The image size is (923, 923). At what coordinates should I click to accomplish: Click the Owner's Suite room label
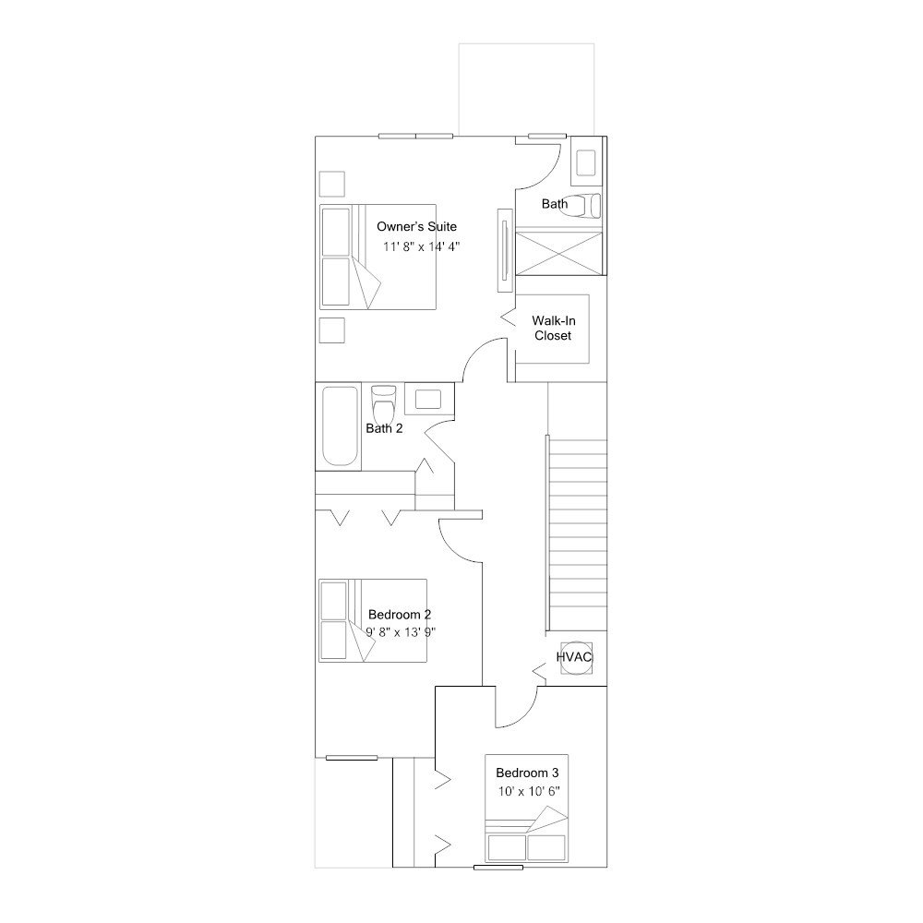tap(416, 227)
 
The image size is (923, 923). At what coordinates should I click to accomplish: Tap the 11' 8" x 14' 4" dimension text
tap(421, 246)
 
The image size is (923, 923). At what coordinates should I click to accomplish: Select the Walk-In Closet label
tap(553, 328)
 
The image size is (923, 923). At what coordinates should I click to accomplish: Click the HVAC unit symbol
tap(576, 657)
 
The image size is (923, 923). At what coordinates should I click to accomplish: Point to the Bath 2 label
tap(384, 428)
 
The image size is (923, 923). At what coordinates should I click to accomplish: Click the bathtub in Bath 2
tap(340, 426)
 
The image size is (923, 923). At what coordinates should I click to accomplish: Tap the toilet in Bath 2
tap(383, 402)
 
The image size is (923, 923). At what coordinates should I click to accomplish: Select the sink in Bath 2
tap(428, 399)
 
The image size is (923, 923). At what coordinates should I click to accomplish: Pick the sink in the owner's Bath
tap(586, 162)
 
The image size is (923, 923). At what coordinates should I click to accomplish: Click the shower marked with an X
tap(559, 254)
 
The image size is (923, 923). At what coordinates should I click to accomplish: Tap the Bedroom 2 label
tap(400, 615)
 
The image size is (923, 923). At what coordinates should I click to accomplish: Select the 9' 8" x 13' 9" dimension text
tap(401, 633)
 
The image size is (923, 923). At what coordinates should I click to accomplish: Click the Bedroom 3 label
tap(527, 773)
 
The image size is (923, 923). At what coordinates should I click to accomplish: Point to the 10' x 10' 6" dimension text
tap(529, 791)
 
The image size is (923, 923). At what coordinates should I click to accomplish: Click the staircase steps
tap(578, 534)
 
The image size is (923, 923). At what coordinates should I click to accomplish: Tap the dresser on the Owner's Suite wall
tap(505, 249)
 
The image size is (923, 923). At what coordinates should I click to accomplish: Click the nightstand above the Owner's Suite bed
tap(332, 185)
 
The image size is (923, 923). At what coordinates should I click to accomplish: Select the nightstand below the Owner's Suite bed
tap(332, 330)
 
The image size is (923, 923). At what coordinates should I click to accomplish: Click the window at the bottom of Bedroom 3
tap(498, 867)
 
